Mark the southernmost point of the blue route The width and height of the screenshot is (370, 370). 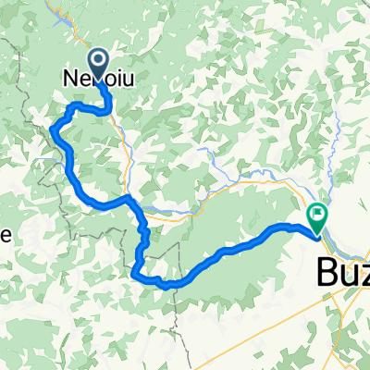(x=166, y=286)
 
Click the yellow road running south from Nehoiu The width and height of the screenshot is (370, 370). (x=125, y=139)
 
